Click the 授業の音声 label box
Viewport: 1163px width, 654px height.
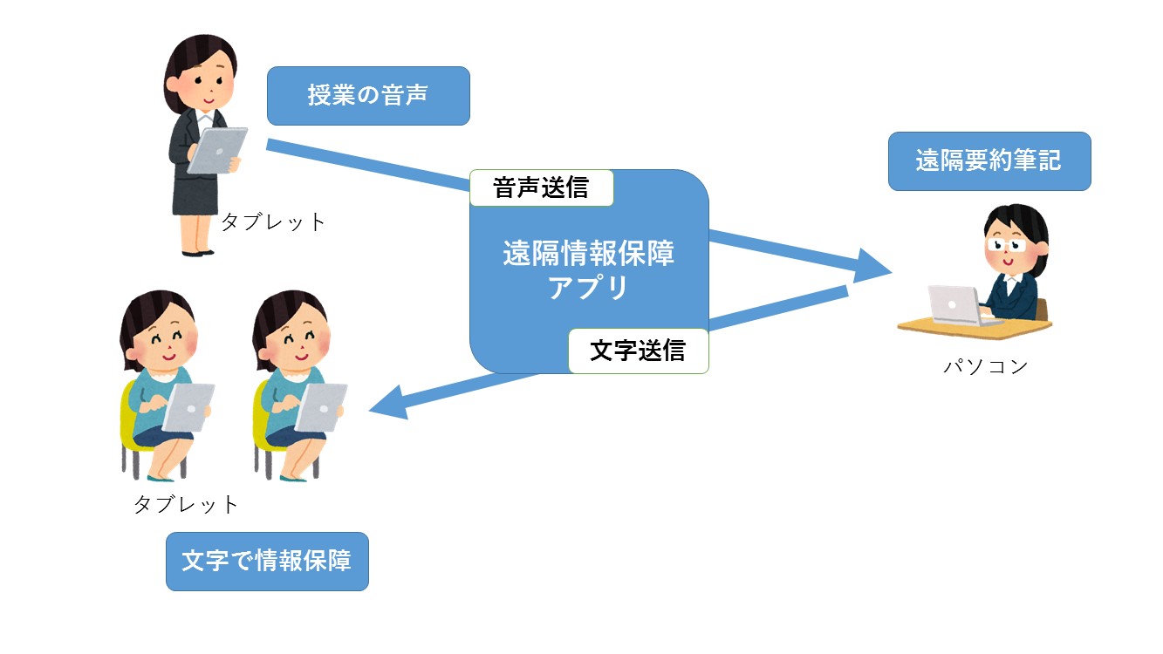pyautogui.click(x=368, y=96)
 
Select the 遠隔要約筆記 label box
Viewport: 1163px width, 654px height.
pyautogui.click(x=989, y=161)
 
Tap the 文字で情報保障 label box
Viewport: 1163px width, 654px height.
pyautogui.click(x=267, y=561)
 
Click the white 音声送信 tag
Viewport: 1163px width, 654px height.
pyautogui.click(x=542, y=187)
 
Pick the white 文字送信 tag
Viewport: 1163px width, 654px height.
pyautogui.click(x=639, y=351)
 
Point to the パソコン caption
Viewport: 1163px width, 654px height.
pyautogui.click(x=985, y=367)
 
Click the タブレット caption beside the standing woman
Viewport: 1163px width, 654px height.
pyautogui.click(x=273, y=222)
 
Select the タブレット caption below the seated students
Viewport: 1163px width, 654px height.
pyautogui.click(x=186, y=505)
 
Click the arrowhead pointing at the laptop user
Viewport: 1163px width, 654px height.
pyautogui.click(x=872, y=266)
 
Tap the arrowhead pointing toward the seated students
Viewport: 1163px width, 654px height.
pyautogui.click(x=389, y=403)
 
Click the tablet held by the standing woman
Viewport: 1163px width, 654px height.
pyautogui.click(x=217, y=151)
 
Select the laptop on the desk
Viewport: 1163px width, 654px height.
pyautogui.click(x=961, y=305)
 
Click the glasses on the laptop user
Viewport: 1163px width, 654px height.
pyautogui.click(x=1006, y=244)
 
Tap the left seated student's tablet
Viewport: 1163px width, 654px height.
pyautogui.click(x=188, y=407)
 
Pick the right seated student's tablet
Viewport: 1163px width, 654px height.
pyautogui.click(x=321, y=407)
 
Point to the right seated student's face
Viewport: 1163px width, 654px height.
pyautogui.click(x=299, y=343)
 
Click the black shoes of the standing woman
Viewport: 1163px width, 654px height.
pyautogui.click(x=197, y=253)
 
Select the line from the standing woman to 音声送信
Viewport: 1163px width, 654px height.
pyautogui.click(x=368, y=165)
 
